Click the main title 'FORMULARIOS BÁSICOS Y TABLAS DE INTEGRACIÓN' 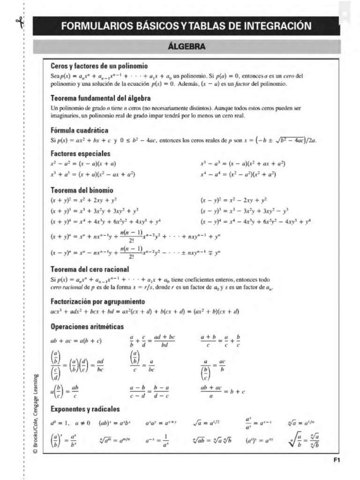pyautogui.click(x=186, y=26)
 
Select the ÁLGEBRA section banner pyautogui.click(x=186, y=47)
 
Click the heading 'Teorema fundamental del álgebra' pyautogui.click(x=100, y=98)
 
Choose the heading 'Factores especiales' pyautogui.click(x=80, y=153)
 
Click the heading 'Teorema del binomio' pyautogui.click(x=81, y=190)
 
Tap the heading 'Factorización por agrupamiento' pyautogui.click(x=97, y=301)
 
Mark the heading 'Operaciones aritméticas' pyautogui.click(x=87, y=325)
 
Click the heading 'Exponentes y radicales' pyautogui.click(x=85, y=408)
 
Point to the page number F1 pyautogui.click(x=336, y=460)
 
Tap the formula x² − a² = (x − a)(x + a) pyautogui.click(x=83, y=164)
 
